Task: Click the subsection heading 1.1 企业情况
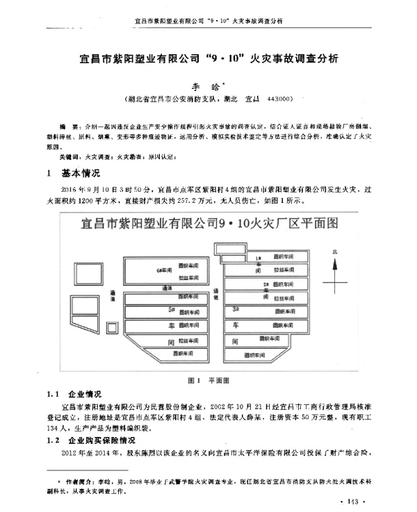point(73,393)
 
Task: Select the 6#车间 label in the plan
point(164,269)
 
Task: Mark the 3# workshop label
point(236,308)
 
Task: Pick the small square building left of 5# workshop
point(112,327)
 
